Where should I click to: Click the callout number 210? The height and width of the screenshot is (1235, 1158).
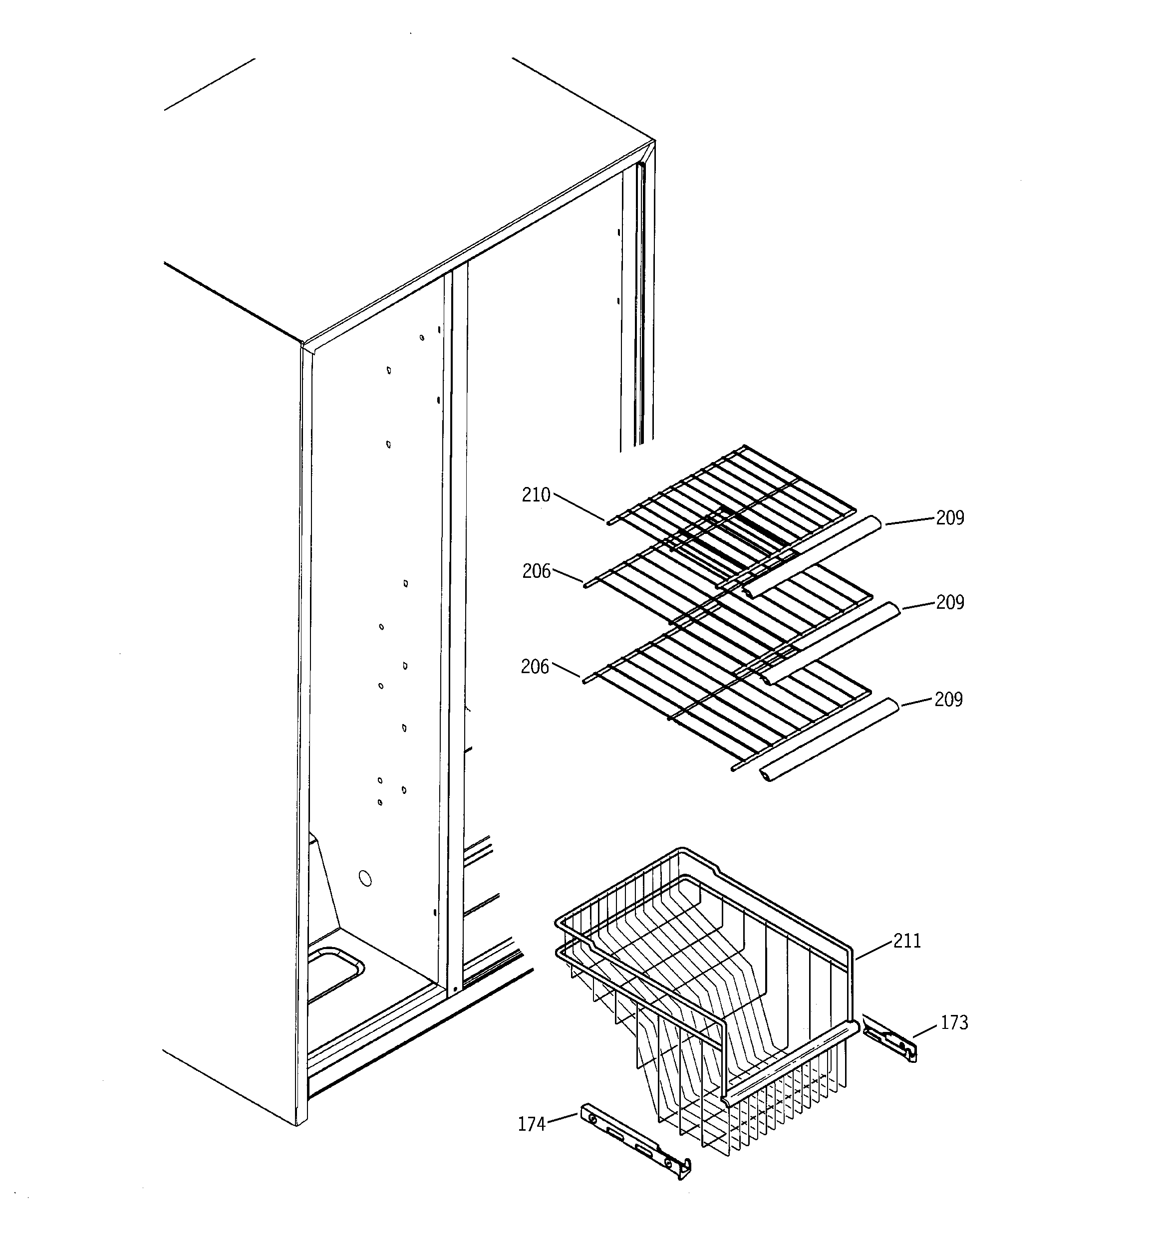536,495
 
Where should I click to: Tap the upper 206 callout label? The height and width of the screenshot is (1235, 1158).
536,571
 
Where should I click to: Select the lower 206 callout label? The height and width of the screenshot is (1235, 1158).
535,667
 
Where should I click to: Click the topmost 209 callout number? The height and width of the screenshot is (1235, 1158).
950,518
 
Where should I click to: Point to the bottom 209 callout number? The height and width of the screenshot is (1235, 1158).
948,700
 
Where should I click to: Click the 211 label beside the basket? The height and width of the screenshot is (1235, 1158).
907,941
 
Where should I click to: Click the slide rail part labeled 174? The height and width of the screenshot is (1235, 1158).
634,1140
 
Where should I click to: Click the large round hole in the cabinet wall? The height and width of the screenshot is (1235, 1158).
365,878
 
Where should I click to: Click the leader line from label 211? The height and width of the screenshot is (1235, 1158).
874,951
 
